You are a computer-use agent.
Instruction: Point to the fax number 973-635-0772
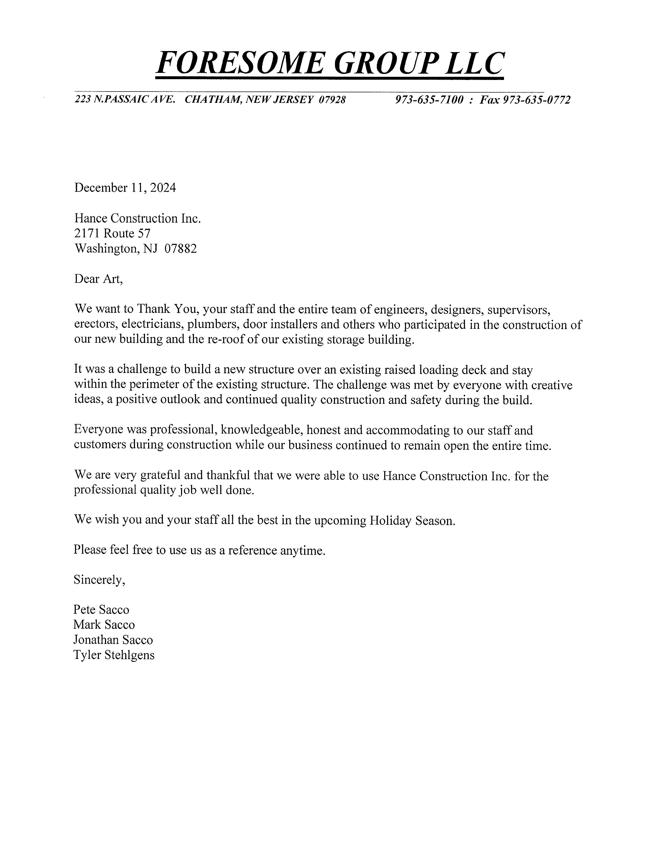point(537,99)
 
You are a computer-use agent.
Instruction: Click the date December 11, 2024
point(125,188)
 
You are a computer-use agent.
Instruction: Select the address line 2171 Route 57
point(113,233)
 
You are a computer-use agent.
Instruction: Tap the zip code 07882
point(181,249)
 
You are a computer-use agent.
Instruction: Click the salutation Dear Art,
point(99,279)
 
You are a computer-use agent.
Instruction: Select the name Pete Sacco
point(101,610)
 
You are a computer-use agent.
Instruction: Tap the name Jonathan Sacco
point(113,640)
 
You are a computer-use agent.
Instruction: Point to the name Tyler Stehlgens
point(114,655)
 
